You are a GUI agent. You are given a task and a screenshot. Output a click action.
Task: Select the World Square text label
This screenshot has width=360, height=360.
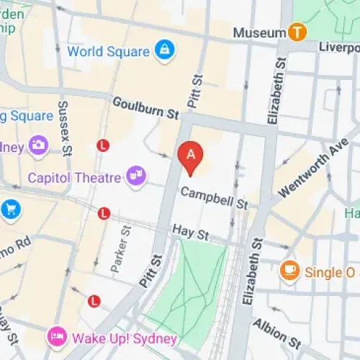108,52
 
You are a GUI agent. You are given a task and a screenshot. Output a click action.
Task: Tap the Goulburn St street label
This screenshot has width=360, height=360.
145,109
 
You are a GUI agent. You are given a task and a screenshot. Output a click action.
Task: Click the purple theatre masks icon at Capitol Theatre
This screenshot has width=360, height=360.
135,175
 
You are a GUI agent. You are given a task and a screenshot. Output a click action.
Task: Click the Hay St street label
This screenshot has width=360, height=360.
190,232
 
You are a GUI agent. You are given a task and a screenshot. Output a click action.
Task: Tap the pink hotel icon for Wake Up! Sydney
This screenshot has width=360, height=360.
56,336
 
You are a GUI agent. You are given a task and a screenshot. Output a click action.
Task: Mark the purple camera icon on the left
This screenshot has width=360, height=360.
38,145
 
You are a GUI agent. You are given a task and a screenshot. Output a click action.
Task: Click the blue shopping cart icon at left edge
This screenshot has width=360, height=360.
10,210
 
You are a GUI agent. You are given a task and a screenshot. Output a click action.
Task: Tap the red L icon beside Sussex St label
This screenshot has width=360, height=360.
103,145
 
